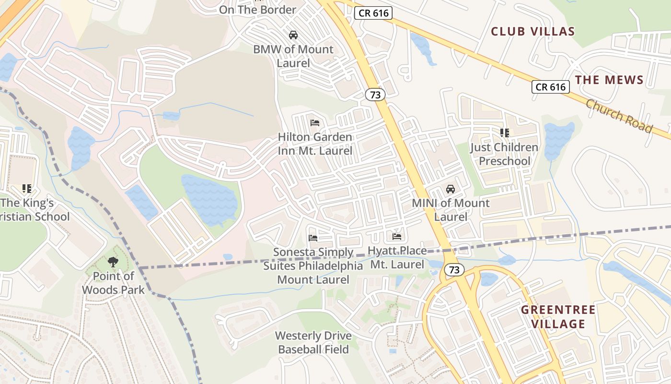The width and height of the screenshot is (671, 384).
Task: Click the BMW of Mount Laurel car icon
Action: click(x=293, y=35)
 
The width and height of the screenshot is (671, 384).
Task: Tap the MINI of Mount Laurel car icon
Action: click(x=451, y=189)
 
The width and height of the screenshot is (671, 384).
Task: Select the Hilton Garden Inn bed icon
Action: click(x=315, y=123)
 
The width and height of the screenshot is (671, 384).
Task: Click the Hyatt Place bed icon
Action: click(x=397, y=236)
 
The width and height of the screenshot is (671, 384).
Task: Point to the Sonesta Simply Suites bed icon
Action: click(x=313, y=238)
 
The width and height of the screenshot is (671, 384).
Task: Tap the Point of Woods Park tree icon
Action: click(x=113, y=262)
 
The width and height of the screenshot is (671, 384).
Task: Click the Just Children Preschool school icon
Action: click(x=504, y=132)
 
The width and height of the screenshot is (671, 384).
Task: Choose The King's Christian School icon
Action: click(x=26, y=189)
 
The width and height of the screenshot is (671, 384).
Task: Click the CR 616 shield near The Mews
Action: click(x=550, y=87)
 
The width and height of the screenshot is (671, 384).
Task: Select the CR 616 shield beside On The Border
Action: click(x=373, y=13)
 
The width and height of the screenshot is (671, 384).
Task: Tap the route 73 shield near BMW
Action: click(x=375, y=95)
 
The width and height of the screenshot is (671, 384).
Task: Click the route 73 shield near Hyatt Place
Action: click(x=454, y=270)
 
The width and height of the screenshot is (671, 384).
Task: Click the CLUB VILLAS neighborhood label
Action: click(x=532, y=32)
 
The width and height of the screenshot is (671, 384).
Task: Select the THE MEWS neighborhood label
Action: click(x=609, y=80)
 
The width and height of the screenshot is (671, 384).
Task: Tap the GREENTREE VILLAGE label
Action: click(x=558, y=317)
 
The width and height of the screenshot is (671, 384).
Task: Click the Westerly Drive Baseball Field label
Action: click(x=313, y=342)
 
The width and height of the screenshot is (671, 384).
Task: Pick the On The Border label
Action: click(x=258, y=10)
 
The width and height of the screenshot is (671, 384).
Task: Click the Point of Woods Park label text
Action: click(x=113, y=283)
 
